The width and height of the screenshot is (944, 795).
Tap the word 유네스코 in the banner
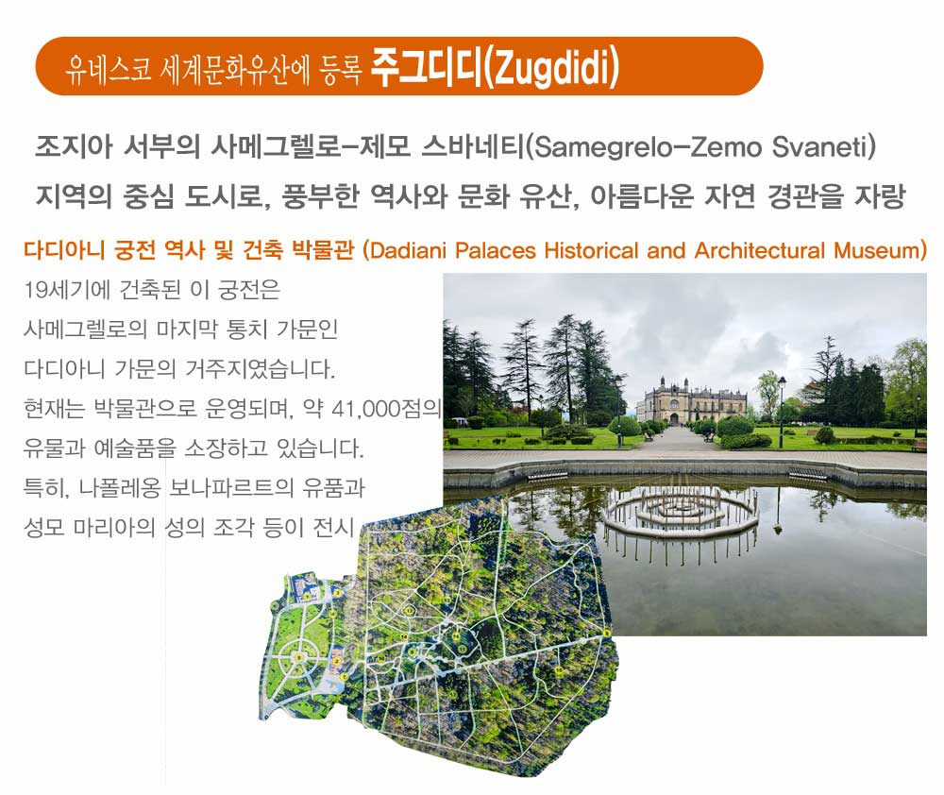[x=109, y=69]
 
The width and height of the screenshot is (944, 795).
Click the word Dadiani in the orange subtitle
[x=408, y=250]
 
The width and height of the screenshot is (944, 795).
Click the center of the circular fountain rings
[x=681, y=511]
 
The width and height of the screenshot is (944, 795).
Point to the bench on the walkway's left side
[x=648, y=435]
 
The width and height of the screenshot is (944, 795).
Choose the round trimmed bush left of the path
[x=625, y=427]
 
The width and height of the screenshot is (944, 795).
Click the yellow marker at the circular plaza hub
[x=298, y=658]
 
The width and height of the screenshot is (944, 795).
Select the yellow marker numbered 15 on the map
[x=559, y=669]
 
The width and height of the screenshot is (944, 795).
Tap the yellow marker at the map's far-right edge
[x=606, y=633]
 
